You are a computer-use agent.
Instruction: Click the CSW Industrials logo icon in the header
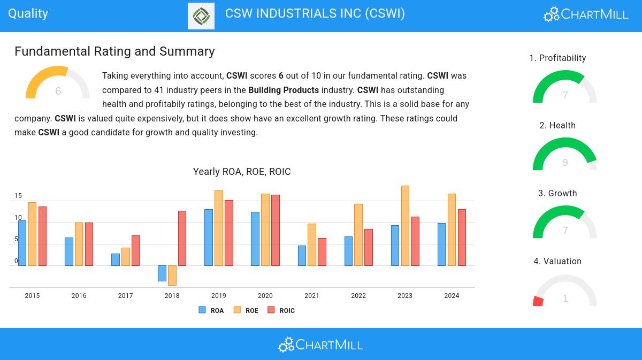[201, 16]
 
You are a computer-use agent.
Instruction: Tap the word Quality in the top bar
[28, 13]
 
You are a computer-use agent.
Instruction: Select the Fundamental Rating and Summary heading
[114, 51]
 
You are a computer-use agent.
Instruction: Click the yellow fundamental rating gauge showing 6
[57, 83]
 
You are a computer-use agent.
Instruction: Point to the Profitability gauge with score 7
[564, 86]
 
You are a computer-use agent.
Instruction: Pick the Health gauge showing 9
[564, 153]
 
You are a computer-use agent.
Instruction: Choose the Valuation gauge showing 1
[564, 290]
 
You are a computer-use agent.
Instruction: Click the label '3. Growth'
[557, 193]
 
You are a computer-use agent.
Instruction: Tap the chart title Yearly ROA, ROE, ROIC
[242, 172]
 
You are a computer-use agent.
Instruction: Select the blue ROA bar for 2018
[162, 273]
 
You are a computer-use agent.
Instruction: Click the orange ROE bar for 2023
[405, 225]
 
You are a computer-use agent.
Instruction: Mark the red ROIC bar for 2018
[182, 238]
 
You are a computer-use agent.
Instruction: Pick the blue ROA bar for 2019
[209, 237]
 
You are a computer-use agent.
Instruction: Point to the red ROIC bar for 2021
[322, 251]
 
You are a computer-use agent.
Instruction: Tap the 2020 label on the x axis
[265, 296]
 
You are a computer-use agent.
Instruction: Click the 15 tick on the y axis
[18, 196]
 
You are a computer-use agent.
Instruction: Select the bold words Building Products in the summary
[284, 90]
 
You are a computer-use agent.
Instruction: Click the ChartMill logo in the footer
[321, 344]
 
